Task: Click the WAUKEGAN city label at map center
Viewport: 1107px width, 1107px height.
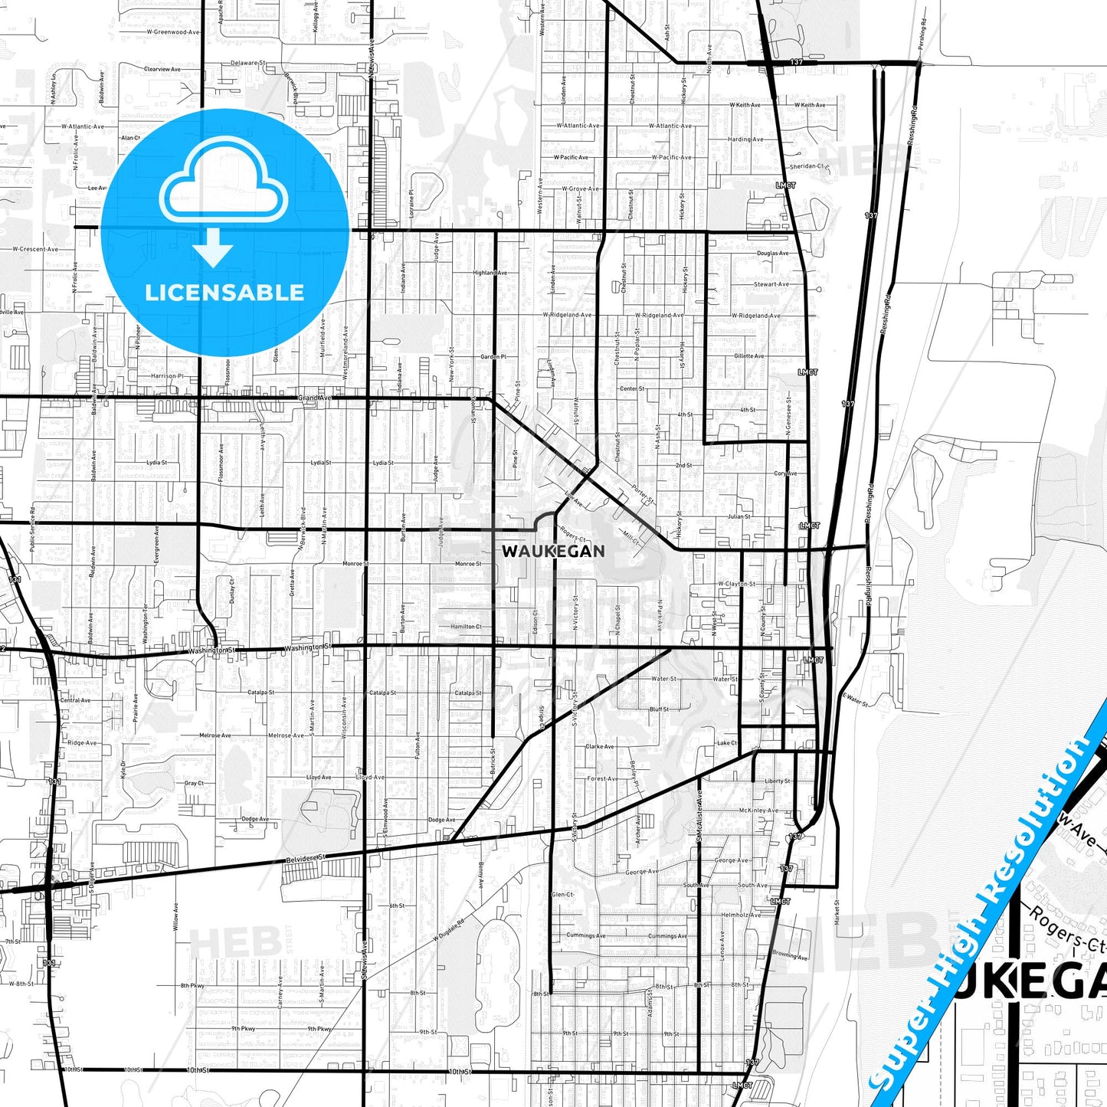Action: (x=553, y=551)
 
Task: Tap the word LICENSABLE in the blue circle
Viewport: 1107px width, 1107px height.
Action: (x=224, y=293)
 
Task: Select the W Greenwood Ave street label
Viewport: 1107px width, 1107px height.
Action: (x=173, y=32)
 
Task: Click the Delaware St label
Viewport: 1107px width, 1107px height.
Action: (x=248, y=64)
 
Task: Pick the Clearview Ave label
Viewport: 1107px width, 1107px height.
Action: (x=162, y=69)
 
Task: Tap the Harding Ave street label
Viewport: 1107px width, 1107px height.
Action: (x=745, y=139)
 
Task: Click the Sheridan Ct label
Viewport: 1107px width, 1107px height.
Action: (x=807, y=166)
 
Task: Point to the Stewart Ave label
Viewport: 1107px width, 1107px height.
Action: (x=771, y=284)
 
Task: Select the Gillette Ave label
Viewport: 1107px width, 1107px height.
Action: (x=748, y=356)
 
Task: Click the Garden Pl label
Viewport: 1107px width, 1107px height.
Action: (x=493, y=357)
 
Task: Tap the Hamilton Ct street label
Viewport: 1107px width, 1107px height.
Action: (x=466, y=627)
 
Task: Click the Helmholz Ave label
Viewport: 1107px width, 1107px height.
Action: (x=740, y=915)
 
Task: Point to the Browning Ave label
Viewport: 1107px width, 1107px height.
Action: (x=790, y=955)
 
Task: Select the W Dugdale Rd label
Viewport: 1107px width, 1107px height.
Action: (x=449, y=930)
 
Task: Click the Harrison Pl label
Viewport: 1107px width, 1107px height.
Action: (x=167, y=376)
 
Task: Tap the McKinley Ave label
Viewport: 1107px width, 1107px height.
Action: (x=758, y=810)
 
